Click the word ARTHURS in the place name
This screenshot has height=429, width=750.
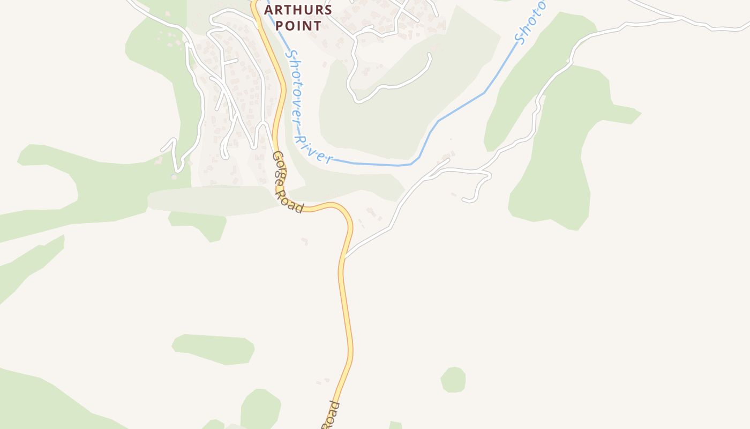coord(298,10)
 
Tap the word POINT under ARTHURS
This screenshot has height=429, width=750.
coord(298,25)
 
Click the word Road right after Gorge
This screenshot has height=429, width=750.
coord(294,203)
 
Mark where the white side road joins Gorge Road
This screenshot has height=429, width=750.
coord(345,257)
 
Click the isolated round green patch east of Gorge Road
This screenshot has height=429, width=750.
coord(453,380)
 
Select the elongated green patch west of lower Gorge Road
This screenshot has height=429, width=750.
coord(213,349)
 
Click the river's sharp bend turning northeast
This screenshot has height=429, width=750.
coord(412,163)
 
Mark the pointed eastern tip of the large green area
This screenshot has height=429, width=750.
coord(640,114)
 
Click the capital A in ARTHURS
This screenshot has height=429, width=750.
coord(269,10)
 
